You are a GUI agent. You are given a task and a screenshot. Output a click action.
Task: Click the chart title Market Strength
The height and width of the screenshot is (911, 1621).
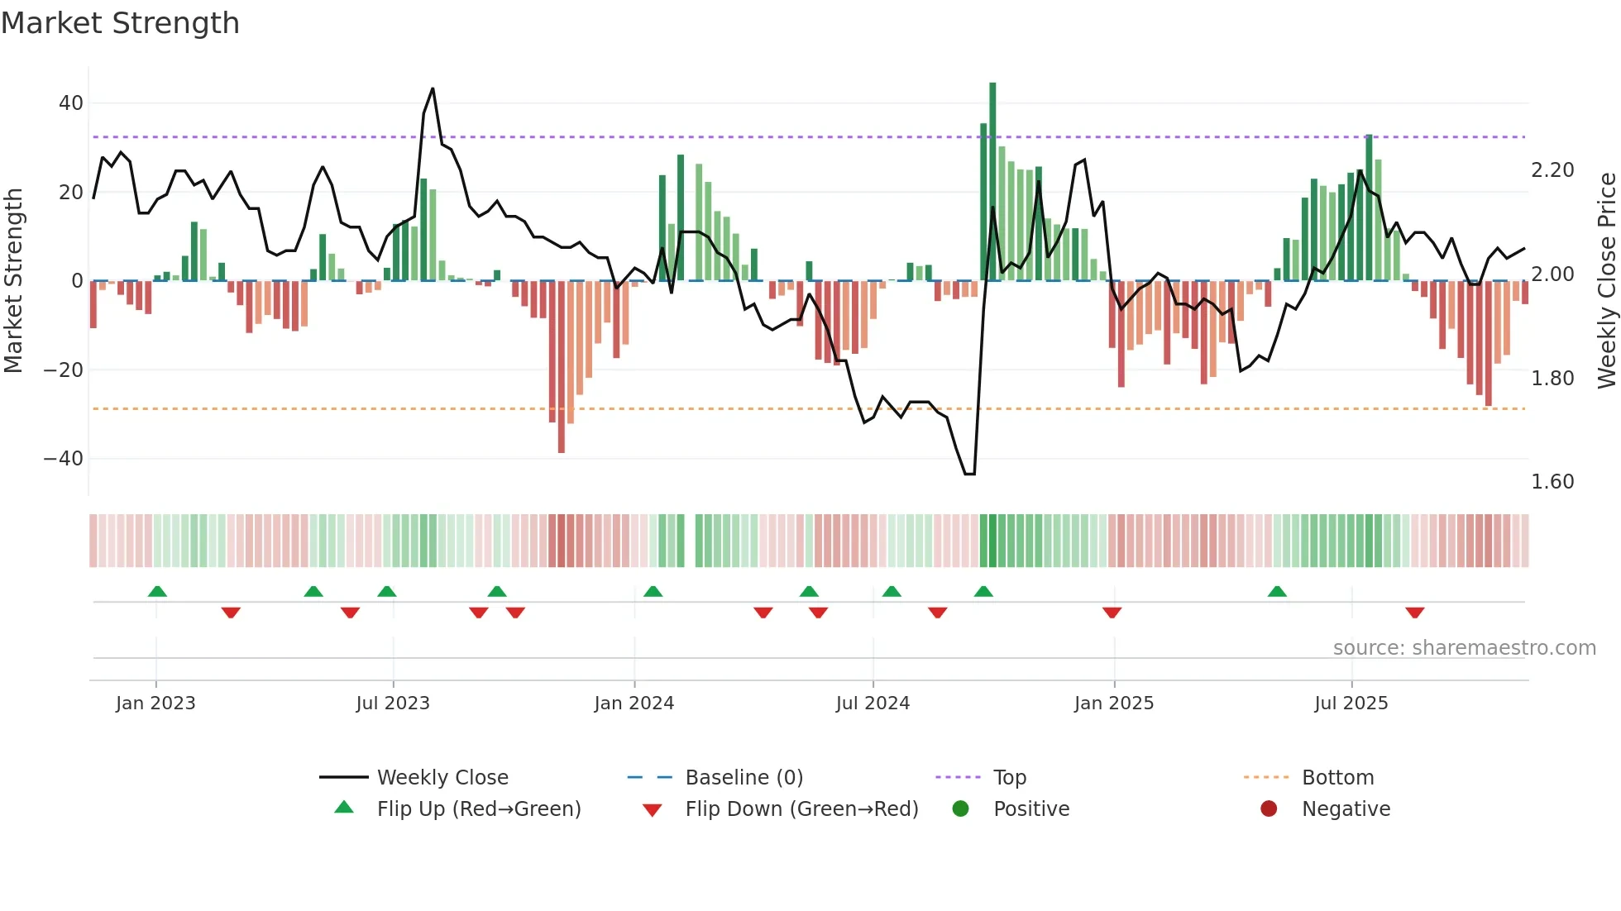pos(120,23)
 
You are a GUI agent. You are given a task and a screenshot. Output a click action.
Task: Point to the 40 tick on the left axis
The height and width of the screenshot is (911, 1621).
pos(71,103)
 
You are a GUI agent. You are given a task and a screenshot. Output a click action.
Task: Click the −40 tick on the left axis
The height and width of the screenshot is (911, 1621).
pos(64,458)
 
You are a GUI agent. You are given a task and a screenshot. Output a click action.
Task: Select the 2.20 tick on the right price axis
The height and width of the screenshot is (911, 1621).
pos(1552,170)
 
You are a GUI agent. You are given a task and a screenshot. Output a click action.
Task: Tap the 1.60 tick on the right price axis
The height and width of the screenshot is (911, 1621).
pos(1552,482)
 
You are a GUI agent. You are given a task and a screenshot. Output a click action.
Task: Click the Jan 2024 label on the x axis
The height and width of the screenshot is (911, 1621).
pos(634,704)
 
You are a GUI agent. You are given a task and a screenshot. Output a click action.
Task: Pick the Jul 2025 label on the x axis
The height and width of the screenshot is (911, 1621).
pos(1351,704)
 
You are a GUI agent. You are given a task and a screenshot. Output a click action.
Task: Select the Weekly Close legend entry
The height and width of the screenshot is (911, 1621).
pos(442,778)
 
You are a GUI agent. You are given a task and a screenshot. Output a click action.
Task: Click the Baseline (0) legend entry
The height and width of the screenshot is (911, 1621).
pos(744,778)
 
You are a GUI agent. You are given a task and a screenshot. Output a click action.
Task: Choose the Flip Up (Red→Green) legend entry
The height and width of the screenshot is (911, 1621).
pos(478,809)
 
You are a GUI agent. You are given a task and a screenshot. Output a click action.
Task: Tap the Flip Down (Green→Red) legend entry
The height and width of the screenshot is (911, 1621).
pos(801,809)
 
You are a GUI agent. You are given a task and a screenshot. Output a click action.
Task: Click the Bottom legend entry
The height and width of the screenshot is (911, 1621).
pos(1337,778)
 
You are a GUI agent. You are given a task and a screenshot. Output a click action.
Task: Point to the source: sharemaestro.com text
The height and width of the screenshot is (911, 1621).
pos(1464,648)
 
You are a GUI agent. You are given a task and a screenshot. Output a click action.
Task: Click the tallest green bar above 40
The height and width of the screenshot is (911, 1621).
pos(992,182)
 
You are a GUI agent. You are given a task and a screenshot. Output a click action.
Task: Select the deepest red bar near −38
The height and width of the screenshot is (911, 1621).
pos(562,368)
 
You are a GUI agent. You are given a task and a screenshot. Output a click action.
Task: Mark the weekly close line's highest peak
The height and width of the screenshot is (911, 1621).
pos(433,89)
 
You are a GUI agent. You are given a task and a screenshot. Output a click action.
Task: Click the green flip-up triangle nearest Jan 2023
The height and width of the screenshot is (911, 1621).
pos(157,591)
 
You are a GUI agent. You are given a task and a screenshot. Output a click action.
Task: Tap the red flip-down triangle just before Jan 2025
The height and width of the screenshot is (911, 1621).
pos(1112,613)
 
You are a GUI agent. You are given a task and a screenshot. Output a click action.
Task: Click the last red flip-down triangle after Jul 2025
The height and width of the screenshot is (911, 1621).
pos(1414,613)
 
